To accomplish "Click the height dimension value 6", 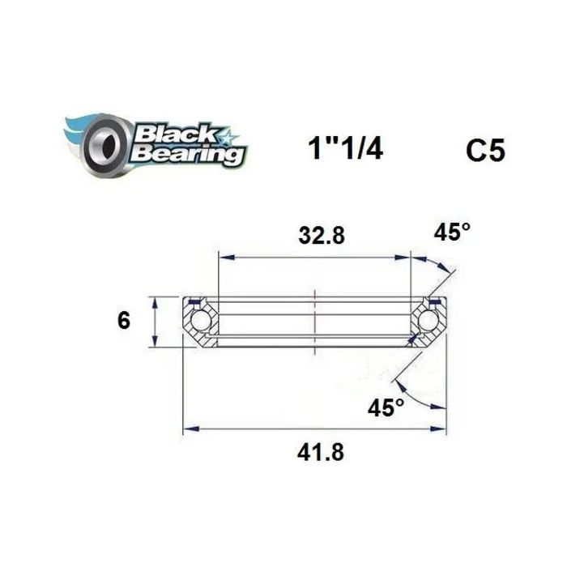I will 123,321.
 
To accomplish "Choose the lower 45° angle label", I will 386,407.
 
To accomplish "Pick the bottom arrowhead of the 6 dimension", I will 155,342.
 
